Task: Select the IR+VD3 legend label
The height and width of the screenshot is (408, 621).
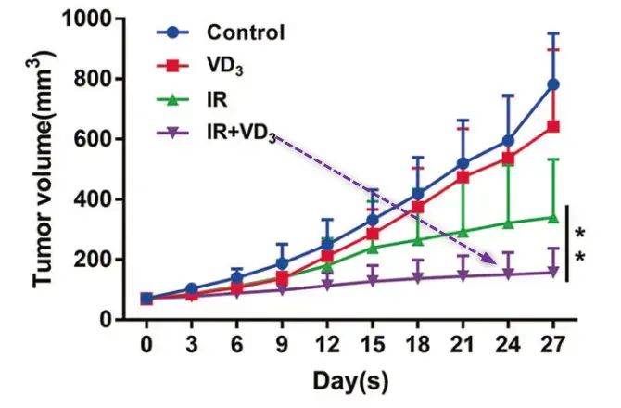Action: click(240, 134)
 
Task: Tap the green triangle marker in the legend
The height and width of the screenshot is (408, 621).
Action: click(172, 100)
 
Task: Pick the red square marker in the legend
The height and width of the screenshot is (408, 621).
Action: click(172, 67)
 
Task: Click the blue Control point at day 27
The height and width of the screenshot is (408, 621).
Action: click(553, 84)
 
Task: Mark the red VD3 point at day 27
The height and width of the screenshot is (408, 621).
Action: click(553, 127)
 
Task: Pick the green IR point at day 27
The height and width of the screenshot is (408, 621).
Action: click(553, 218)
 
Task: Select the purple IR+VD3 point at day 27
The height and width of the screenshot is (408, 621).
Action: click(553, 273)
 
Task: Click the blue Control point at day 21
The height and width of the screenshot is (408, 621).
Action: click(463, 163)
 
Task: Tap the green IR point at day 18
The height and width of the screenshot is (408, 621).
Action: click(417, 240)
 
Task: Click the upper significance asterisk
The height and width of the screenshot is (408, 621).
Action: click(581, 232)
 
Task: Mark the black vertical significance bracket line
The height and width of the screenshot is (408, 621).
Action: click(567, 243)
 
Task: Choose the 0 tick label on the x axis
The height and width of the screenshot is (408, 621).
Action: click(146, 345)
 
